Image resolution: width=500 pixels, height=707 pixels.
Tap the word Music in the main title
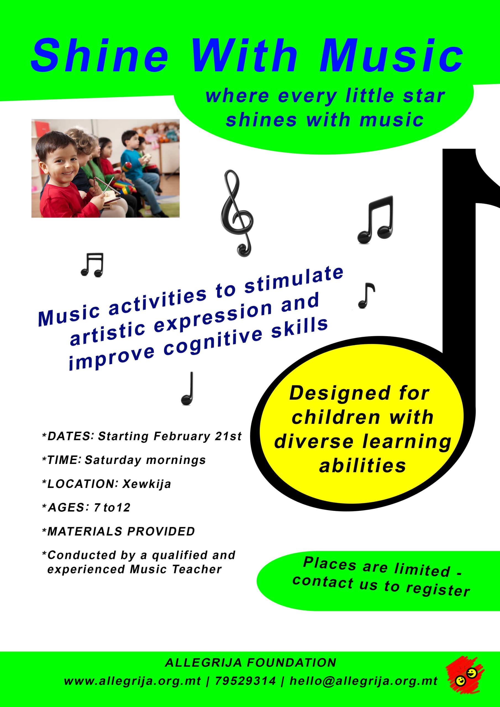391,55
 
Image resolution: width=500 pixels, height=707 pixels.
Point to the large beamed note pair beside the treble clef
375,220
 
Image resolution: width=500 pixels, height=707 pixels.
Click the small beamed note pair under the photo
92,265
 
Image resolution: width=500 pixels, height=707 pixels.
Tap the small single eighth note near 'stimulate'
366,295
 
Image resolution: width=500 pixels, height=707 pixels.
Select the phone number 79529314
245,681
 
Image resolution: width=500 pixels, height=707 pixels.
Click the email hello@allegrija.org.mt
364,681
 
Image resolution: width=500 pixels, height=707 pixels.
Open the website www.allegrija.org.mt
133,681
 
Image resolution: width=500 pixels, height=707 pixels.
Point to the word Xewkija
147,484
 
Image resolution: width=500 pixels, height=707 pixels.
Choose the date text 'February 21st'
198,436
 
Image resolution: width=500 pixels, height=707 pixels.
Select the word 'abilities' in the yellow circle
363,466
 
